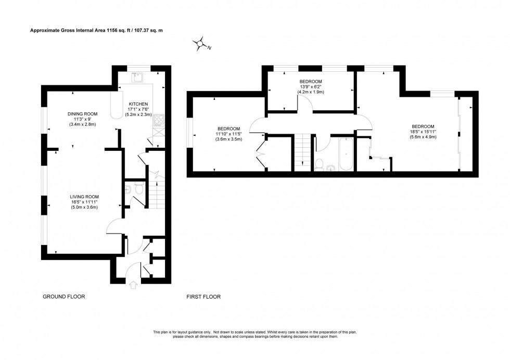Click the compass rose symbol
tap(200, 45)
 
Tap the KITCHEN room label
tap(139, 104)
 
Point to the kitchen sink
tap(137, 78)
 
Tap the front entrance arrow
tap(134, 285)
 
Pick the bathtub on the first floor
tap(346, 155)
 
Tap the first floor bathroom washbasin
tap(331, 168)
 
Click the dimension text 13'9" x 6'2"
tap(311, 87)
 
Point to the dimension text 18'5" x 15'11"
tap(423, 132)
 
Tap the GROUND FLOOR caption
tap(63, 297)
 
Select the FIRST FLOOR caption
tap(204, 297)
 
